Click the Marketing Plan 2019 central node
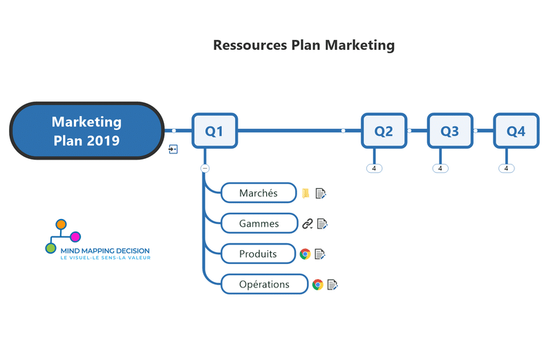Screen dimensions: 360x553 (x=86, y=131)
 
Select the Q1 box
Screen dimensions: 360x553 (x=214, y=131)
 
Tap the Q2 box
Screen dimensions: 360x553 (x=384, y=131)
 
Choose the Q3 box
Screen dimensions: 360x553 (x=449, y=131)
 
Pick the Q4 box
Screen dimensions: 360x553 (x=516, y=131)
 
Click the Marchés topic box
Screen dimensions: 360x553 (x=258, y=193)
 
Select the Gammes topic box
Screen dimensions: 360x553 (x=259, y=223)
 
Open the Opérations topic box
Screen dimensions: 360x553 (x=264, y=284)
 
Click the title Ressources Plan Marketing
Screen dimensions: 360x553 (x=303, y=46)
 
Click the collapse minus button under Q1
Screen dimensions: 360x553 (x=205, y=168)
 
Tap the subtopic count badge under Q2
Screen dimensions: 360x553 (x=374, y=168)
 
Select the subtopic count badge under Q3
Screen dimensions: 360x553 (x=440, y=168)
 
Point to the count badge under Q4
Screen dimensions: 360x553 (x=506, y=168)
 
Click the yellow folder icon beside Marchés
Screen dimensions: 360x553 (x=306, y=193)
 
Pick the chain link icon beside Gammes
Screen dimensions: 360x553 (x=308, y=223)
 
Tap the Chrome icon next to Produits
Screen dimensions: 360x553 (x=305, y=254)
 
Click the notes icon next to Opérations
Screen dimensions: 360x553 (x=332, y=284)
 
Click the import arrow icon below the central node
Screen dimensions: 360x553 (x=174, y=149)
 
